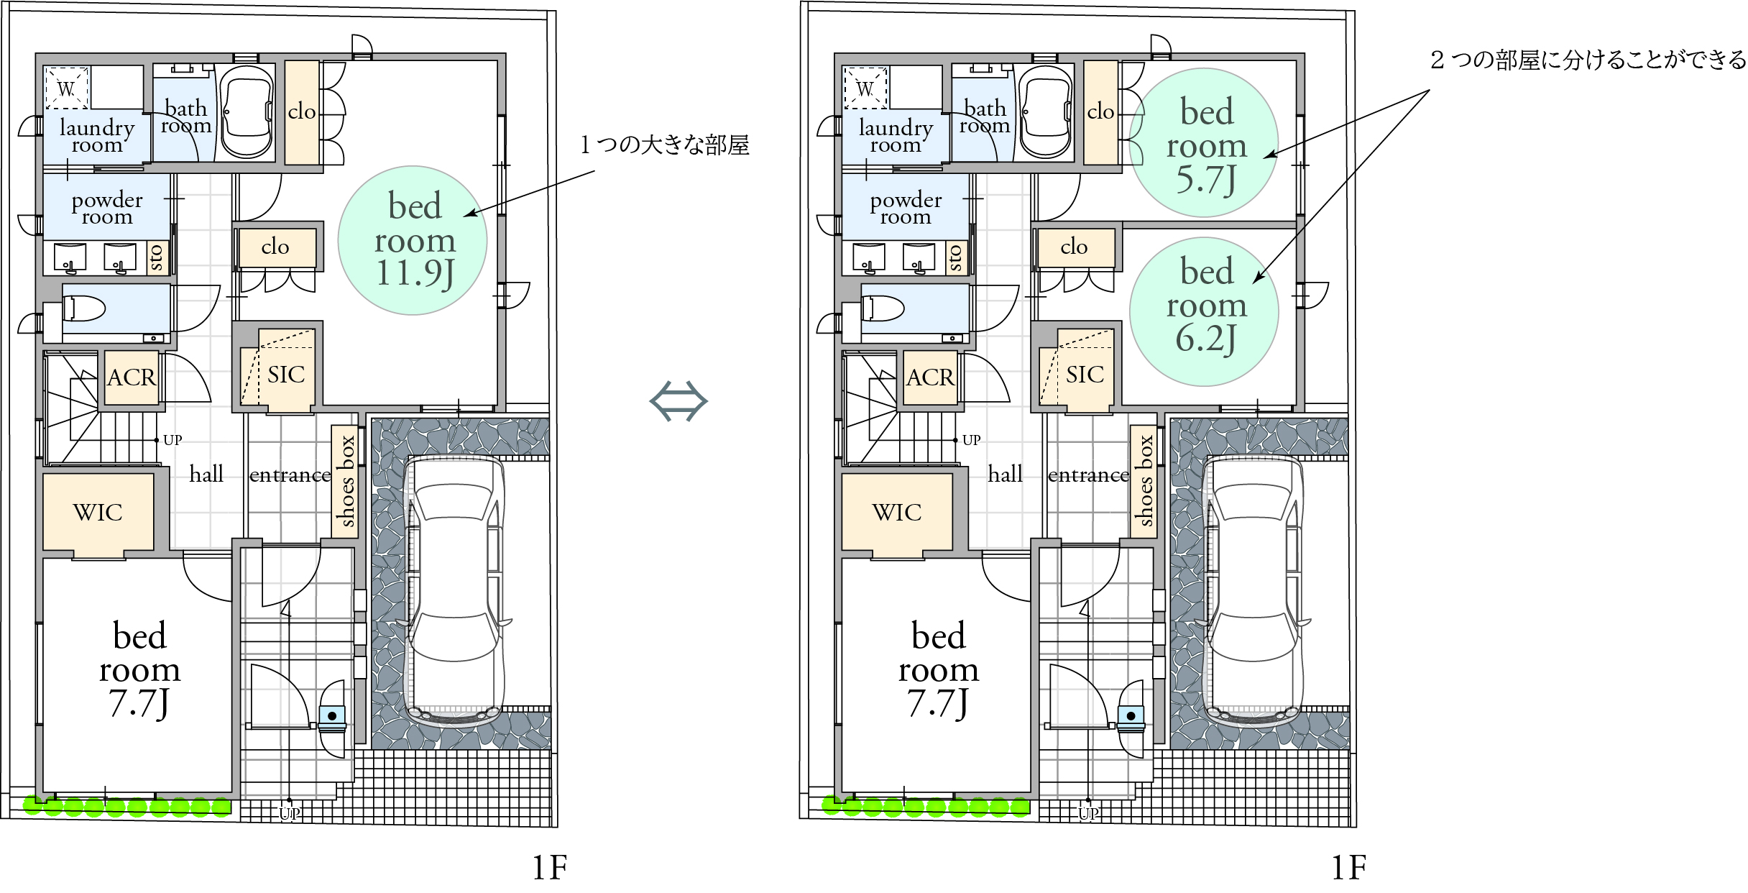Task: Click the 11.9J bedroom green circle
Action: click(x=413, y=240)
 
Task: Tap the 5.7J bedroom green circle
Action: click(x=1205, y=142)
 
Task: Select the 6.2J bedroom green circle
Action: click(x=1205, y=311)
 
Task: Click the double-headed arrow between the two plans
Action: click(x=678, y=401)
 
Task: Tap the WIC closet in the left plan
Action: click(x=98, y=512)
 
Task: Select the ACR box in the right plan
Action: click(x=930, y=377)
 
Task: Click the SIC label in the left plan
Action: click(x=286, y=375)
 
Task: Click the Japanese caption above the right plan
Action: click(x=1588, y=60)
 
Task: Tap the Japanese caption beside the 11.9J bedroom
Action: click(x=665, y=145)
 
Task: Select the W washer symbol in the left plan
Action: click(x=66, y=89)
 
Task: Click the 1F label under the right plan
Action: click(x=1349, y=868)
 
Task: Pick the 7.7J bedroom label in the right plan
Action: click(x=938, y=669)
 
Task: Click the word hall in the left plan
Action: click(x=206, y=474)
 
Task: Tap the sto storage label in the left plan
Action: click(x=156, y=257)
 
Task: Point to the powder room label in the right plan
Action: click(x=906, y=208)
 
